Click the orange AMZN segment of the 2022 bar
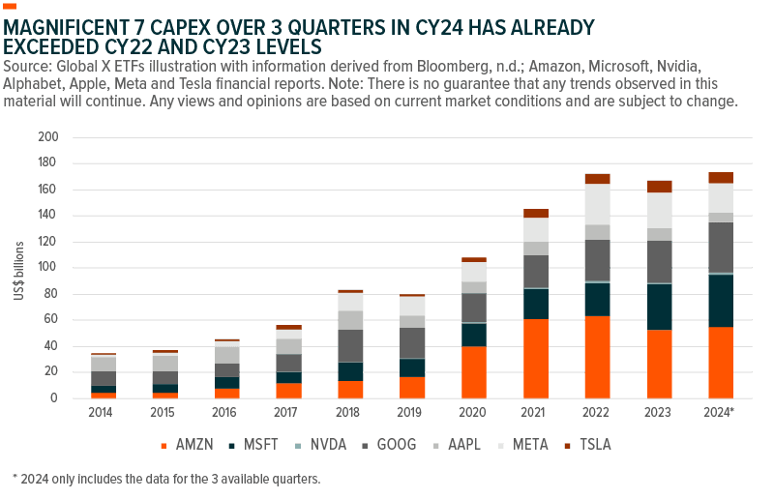pos(597,357)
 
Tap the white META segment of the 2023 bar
pos(659,210)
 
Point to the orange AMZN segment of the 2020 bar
pos(473,372)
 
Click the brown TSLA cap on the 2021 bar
pos(535,213)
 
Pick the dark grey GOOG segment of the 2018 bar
pos(349,345)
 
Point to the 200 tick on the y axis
pos(48,137)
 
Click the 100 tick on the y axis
pos(48,268)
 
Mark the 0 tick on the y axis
pos(52,398)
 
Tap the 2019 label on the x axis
pos(411,411)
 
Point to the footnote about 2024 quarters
pos(164,478)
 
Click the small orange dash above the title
pos(11,6)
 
